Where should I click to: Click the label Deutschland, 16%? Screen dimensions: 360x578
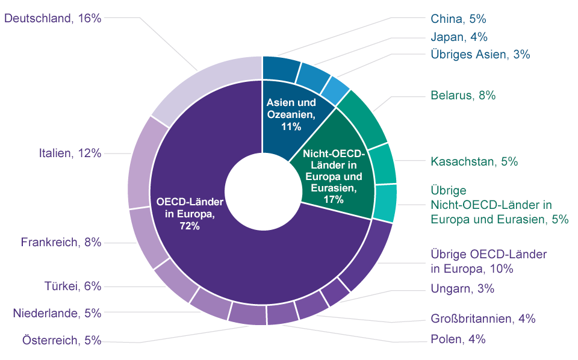[52, 18]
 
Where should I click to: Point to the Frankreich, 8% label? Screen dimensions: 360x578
[61, 243]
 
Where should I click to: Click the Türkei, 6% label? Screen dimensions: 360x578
[72, 286]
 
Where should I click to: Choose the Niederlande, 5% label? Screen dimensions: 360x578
[57, 313]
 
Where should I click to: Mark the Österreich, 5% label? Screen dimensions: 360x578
[62, 341]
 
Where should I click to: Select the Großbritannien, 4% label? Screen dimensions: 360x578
[483, 318]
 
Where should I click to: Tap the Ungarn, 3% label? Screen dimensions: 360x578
[462, 288]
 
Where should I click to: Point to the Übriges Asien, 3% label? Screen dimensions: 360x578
[480, 54]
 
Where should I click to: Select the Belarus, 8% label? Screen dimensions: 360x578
[463, 95]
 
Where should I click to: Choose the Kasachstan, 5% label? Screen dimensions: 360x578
[474, 161]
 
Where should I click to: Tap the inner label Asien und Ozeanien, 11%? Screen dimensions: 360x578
[291, 114]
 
